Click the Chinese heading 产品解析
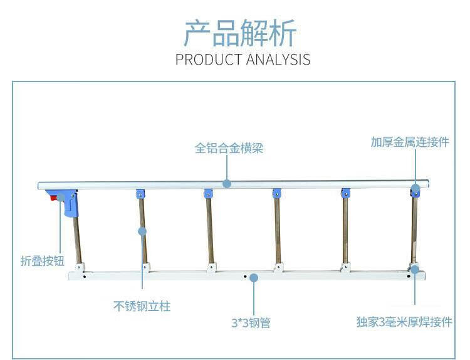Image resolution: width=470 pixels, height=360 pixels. [240, 33]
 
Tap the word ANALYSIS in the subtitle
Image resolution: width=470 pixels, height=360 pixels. [278, 60]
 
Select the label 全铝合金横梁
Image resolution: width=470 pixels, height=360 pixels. [229, 148]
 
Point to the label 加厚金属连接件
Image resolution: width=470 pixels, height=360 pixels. [410, 142]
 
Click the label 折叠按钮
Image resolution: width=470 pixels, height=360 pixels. [42, 261]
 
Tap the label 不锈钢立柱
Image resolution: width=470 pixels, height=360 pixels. [142, 306]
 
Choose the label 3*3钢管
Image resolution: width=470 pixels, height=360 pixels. [251, 323]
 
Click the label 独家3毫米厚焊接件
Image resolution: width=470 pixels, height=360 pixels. [404, 322]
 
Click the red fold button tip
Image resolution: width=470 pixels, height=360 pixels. [53, 198]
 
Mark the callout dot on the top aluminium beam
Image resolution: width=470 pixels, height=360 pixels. [227, 184]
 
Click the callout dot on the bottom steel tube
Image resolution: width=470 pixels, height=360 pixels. [254, 278]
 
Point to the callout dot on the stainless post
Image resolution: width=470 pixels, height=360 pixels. [142, 231]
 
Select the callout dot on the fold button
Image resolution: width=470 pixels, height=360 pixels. [61, 198]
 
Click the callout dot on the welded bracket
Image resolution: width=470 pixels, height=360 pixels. [415, 269]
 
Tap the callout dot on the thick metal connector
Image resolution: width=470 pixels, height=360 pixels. [415, 189]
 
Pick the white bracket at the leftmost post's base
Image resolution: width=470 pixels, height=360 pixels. [80, 267]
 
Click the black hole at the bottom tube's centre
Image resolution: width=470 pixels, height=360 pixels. [245, 277]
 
